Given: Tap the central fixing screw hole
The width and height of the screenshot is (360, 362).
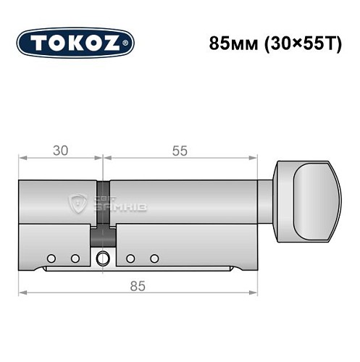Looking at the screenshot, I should click(104, 256).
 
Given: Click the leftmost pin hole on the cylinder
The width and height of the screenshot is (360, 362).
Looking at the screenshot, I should click(51, 258).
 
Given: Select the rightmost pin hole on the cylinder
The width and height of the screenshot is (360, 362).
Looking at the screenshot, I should click(154, 258).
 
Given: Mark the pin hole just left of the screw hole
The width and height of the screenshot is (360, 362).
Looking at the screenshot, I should click(75, 258).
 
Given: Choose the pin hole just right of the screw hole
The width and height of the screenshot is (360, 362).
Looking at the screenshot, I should click(130, 258).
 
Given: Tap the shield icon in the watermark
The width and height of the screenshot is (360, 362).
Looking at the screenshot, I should click(78, 203).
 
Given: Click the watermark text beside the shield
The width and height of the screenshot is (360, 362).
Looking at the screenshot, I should click(109, 205).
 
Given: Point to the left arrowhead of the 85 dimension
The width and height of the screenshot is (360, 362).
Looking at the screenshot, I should click(22, 292).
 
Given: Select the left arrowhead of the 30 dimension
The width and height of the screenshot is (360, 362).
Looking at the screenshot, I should click(22, 158).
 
